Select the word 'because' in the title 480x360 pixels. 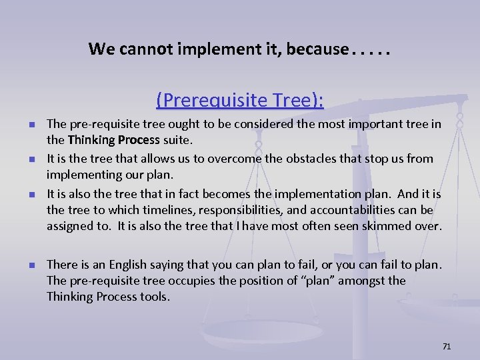317,49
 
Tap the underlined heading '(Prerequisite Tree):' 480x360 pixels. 240,100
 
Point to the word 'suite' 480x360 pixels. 176,139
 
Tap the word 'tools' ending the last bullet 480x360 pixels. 155,297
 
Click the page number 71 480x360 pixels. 447,346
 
